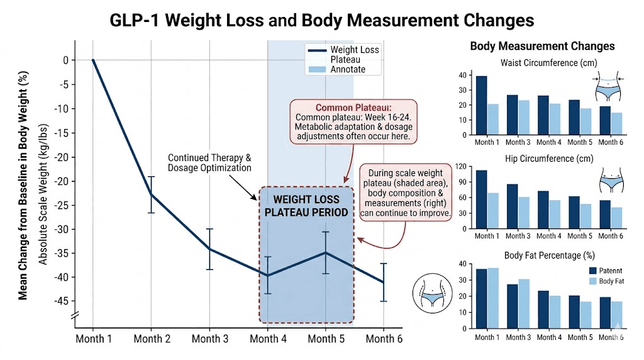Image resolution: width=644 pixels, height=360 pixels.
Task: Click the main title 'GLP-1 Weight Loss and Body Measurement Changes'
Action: pos(321,20)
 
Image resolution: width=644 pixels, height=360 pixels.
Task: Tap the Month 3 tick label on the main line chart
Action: pos(210,339)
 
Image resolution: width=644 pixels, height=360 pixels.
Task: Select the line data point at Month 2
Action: pos(152,194)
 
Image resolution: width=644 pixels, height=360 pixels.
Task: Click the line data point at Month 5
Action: pos(326,252)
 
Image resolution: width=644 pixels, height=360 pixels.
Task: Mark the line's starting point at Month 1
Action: pos(93,60)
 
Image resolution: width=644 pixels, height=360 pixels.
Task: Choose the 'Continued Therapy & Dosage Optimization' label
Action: pos(209,163)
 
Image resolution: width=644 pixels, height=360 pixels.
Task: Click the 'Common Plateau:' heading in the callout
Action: pos(353,107)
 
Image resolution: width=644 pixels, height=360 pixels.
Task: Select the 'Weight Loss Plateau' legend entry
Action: pos(355,53)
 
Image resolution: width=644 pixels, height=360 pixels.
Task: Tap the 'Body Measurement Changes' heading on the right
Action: pos(542,47)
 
